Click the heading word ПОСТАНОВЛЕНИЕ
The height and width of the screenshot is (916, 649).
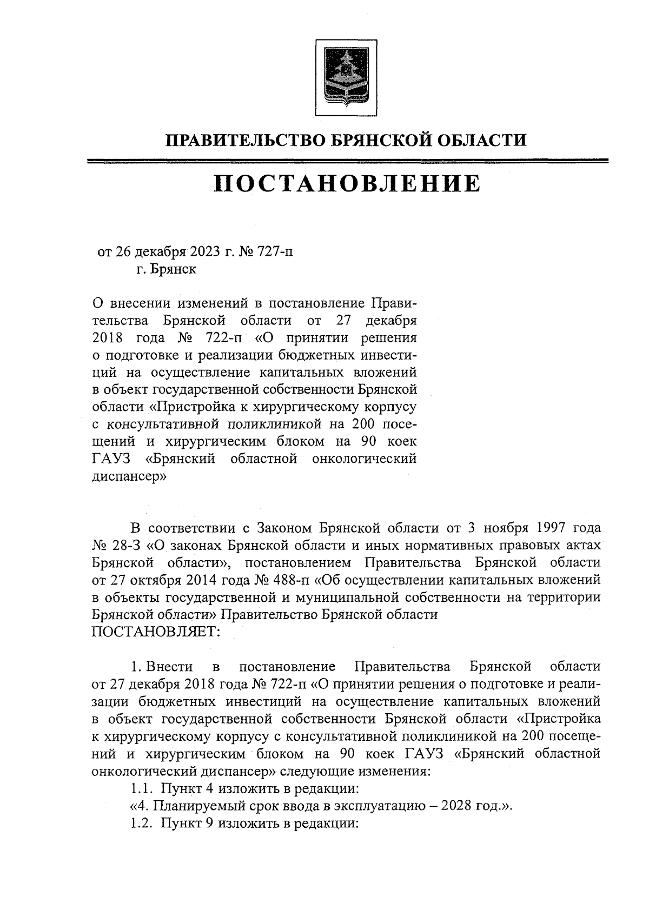[x=347, y=184]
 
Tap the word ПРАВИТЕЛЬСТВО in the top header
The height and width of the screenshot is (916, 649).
[x=244, y=141]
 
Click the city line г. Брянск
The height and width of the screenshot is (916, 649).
[x=166, y=269]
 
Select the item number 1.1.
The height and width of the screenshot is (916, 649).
[x=141, y=788]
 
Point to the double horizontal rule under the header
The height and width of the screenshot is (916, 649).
[x=347, y=161]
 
